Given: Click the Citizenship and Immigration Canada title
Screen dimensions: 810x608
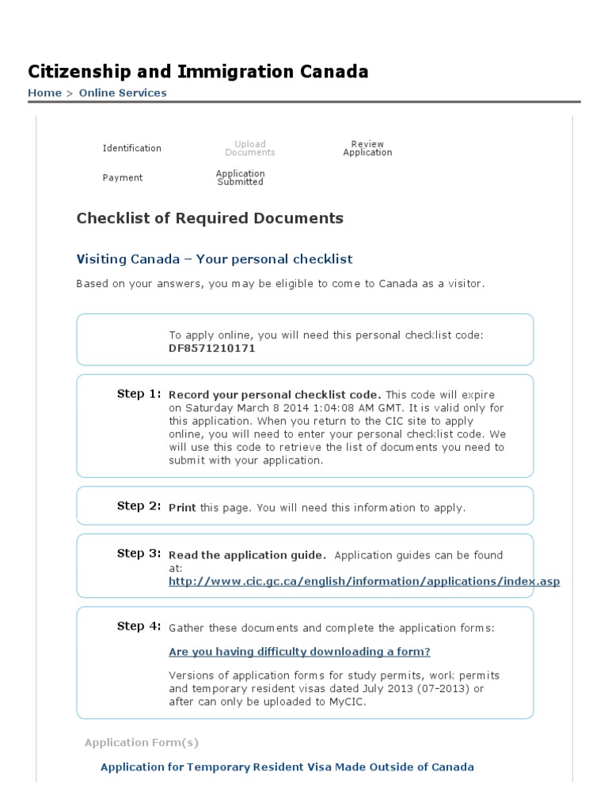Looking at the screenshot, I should pos(198,72).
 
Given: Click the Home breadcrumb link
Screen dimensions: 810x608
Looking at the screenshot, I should pos(44,93).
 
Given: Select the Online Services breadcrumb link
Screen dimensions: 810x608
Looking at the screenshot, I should pos(122,93).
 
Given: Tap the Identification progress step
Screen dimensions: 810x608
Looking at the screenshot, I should pos(131,149).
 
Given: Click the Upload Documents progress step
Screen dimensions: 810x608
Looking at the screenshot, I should pos(250,149).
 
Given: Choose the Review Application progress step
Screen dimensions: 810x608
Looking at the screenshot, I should pos(367,149).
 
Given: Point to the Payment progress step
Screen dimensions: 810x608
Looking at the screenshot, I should pos(123,178).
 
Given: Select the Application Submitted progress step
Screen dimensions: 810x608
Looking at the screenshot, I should pos(240,178).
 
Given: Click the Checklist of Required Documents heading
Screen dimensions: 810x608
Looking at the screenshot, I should pos(210,218).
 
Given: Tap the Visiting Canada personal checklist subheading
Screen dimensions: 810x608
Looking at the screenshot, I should pos(214,259).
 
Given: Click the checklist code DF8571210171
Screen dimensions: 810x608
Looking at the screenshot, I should pos(211,348).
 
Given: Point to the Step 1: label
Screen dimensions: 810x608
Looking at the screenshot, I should pos(139,394).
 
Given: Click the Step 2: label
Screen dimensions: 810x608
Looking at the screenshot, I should pos(139,506).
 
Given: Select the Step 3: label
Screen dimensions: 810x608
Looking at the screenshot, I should pos(139,554).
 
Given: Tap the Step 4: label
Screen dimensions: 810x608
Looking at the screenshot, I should pos(139,626).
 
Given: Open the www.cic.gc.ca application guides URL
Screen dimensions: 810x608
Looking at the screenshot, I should pos(364,581).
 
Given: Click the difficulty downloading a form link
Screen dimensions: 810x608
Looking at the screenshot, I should pos(299,652).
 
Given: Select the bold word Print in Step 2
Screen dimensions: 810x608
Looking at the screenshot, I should pos(182,508).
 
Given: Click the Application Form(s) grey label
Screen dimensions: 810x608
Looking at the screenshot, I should pos(142,743).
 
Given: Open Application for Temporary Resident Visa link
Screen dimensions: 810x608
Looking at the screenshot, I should pos(287,766).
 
